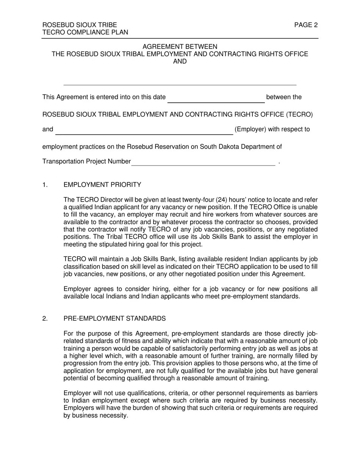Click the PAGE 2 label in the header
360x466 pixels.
point(306,25)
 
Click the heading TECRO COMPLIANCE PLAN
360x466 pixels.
point(85,33)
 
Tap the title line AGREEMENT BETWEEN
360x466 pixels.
point(180,47)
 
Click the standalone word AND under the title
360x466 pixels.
point(180,61)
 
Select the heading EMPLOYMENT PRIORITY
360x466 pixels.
point(102,185)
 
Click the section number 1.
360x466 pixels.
point(45,185)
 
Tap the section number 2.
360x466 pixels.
point(45,318)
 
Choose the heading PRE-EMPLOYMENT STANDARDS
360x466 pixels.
point(114,318)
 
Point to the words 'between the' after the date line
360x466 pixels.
point(284,97)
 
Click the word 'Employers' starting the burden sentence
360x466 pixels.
point(77,408)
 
